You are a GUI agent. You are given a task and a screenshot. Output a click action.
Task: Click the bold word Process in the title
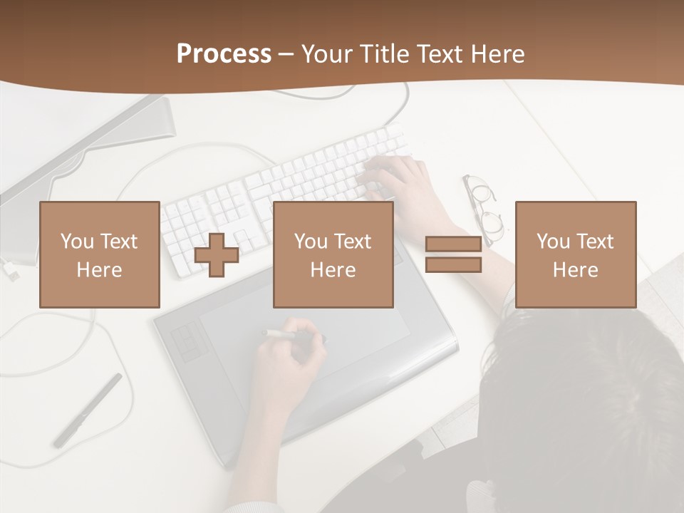coord(224,54)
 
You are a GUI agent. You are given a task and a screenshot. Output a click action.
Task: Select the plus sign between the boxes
coord(217,254)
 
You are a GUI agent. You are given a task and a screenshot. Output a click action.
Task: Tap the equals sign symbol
coord(453,254)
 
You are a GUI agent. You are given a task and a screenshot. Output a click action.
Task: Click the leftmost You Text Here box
coord(100,254)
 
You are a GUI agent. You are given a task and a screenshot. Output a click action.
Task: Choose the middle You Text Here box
coord(333,254)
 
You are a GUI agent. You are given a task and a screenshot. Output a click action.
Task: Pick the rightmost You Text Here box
coord(576,254)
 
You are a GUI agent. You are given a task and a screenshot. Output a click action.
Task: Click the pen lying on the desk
coord(88,410)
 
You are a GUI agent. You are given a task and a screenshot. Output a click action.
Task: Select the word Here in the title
coord(498,54)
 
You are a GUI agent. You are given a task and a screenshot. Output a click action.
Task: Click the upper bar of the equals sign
coord(453,244)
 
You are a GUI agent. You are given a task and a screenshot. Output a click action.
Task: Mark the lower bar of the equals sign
coord(453,265)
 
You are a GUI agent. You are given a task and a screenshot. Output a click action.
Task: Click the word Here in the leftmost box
coord(100,270)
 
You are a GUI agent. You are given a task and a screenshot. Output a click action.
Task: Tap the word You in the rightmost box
coord(553,242)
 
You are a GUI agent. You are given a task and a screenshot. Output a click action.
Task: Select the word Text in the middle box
coord(353,242)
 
